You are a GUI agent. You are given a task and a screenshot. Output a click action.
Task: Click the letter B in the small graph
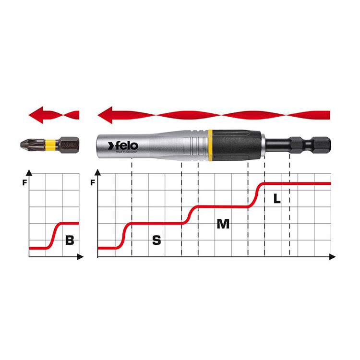70,240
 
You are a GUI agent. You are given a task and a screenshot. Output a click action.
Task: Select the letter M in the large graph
223,224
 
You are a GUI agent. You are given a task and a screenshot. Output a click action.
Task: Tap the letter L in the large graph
276,199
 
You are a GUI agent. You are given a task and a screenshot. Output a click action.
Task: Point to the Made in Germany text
126,153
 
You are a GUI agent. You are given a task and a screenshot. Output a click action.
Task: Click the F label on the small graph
24,182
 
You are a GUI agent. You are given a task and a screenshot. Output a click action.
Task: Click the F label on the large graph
93,182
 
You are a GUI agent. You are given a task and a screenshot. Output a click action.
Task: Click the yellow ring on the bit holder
211,143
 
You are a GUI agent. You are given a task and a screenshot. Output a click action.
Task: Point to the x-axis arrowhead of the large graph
332,257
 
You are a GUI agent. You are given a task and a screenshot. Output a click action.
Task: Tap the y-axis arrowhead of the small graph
29,172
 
